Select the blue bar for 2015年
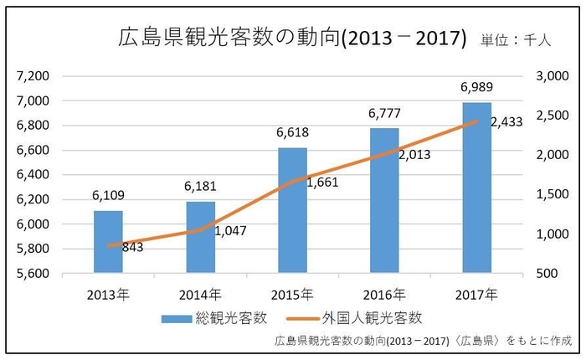point(292,210)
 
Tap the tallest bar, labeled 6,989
point(476,188)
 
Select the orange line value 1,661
point(321,183)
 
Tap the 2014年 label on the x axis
point(200,294)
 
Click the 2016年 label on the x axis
point(384,294)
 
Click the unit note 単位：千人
point(515,39)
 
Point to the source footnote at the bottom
point(423,341)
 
